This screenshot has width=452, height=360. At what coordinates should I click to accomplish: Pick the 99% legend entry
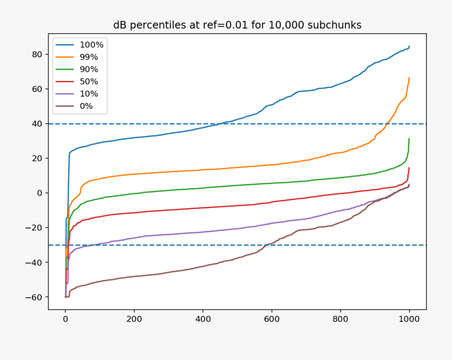click(x=89, y=57)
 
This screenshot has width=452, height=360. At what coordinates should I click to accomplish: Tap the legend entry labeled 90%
click(x=89, y=69)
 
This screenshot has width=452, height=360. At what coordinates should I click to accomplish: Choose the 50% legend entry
click(x=89, y=81)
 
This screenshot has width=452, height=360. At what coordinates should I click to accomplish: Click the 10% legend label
click(x=89, y=93)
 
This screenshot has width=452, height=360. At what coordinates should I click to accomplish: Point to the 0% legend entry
click(x=86, y=106)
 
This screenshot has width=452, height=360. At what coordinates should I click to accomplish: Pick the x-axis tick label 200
click(x=134, y=319)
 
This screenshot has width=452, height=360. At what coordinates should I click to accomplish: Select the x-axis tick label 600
click(x=272, y=319)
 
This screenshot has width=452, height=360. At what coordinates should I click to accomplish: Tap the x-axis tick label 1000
click(x=409, y=319)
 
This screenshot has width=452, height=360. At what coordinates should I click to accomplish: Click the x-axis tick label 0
click(x=65, y=319)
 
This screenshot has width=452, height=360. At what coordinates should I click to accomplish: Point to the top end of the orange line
click(x=409, y=78)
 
